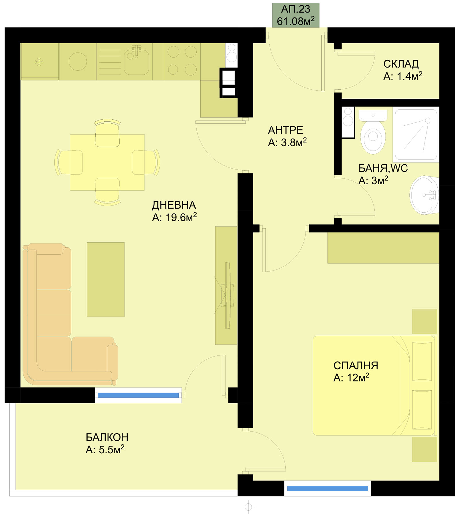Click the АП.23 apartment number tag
tap(295, 15)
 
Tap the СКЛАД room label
tap(401, 64)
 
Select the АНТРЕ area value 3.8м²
tap(287, 142)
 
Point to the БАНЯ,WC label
tap(383, 168)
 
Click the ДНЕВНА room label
tap(174, 205)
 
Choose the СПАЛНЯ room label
tap(356, 365)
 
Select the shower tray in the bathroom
tap(416, 135)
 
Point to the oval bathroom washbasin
tap(424, 195)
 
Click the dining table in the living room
tap(107, 162)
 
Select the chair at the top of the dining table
tap(107, 133)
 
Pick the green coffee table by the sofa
tap(106, 280)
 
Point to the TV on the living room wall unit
tap(228, 295)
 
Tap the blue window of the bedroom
tap(327, 489)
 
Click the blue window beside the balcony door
tap(138, 395)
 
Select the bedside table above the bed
tap(425, 321)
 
